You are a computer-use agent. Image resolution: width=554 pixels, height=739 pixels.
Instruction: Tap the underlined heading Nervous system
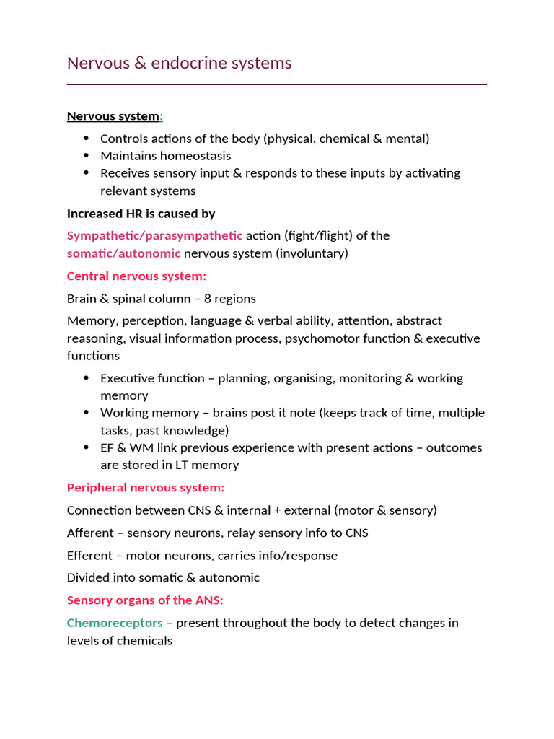point(113,116)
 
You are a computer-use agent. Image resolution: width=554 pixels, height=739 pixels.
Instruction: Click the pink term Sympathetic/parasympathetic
point(154,235)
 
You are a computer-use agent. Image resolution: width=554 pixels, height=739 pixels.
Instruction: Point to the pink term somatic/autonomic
point(123,253)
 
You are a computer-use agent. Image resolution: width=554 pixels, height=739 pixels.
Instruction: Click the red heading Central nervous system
point(136,276)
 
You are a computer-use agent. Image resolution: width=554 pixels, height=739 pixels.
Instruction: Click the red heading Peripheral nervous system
point(146,488)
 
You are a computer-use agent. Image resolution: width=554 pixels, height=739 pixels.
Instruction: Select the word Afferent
point(90,533)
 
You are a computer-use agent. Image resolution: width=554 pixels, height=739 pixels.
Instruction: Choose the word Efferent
point(89,556)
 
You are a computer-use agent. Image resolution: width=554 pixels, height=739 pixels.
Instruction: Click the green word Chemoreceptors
point(115,623)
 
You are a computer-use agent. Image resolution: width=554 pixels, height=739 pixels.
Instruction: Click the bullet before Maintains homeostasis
point(87,156)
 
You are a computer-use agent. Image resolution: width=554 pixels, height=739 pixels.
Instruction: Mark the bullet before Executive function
point(87,378)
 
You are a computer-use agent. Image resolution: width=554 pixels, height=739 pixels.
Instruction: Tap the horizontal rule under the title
point(277,84)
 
